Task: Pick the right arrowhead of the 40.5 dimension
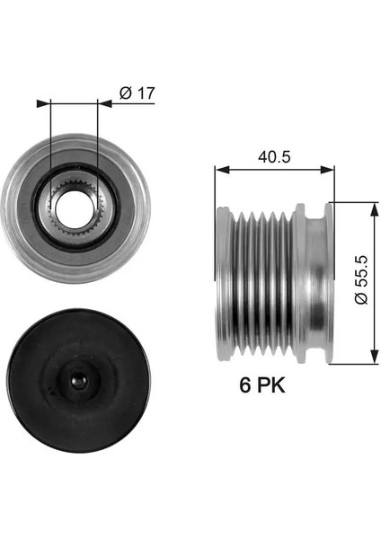point(327,169)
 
